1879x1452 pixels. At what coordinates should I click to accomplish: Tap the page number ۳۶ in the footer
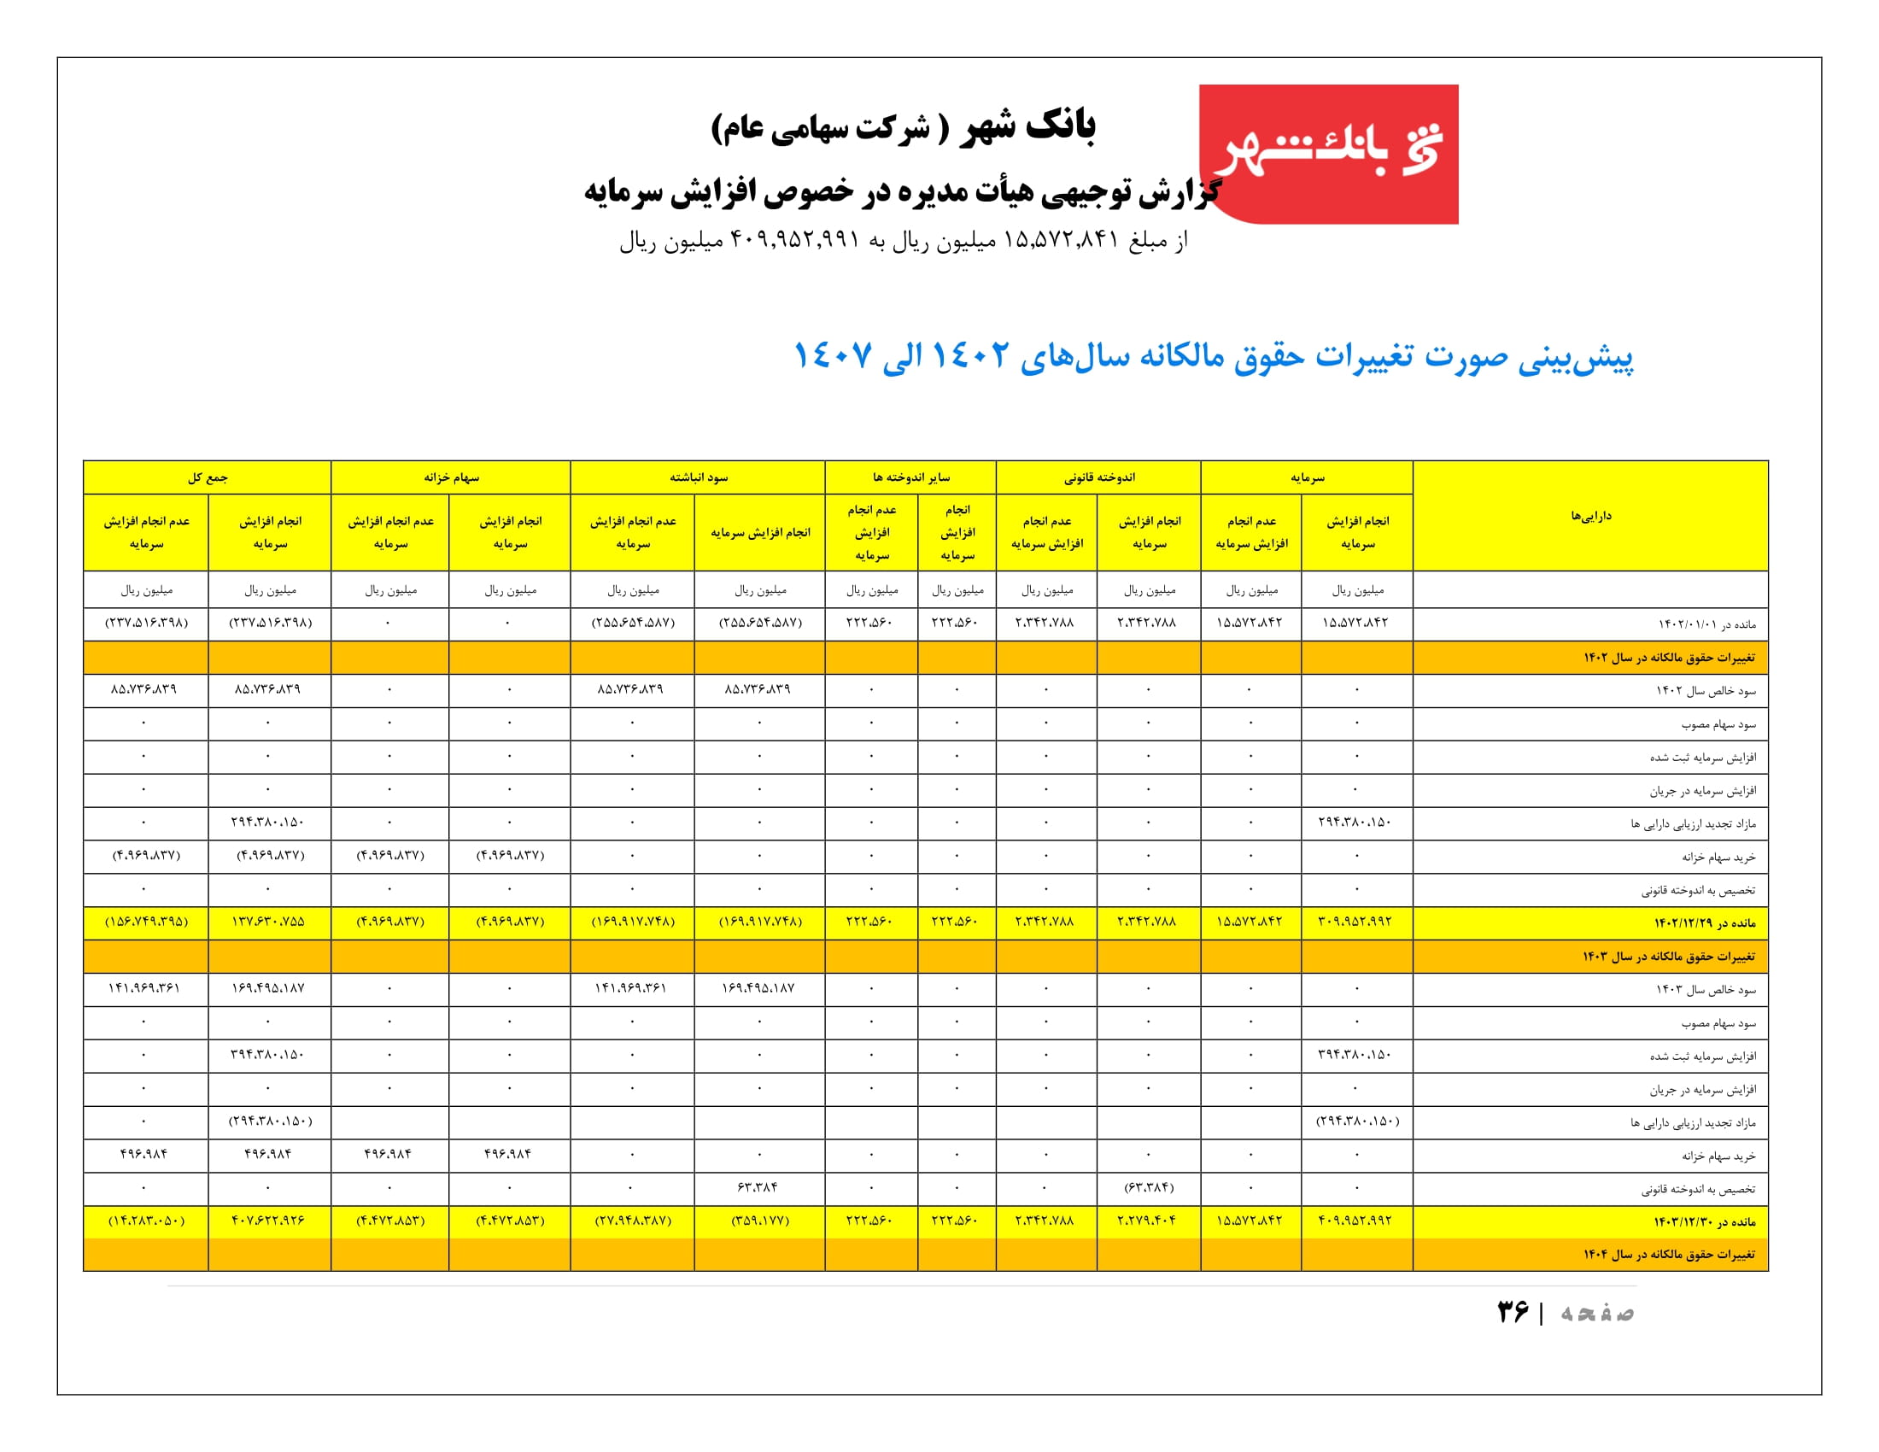click(1513, 1312)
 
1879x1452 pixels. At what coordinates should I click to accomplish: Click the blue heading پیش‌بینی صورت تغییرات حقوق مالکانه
click(1212, 356)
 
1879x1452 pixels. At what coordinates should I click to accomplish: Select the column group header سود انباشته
click(698, 477)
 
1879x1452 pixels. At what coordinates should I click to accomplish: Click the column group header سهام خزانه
click(451, 477)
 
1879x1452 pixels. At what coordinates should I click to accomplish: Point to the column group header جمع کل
click(208, 477)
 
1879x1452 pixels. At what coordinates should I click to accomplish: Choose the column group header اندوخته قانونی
click(1098, 477)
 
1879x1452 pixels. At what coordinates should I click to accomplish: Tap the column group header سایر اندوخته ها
click(910, 477)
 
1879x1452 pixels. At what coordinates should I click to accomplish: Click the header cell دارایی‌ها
click(1590, 516)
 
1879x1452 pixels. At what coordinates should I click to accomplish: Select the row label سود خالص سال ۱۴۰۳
click(1706, 990)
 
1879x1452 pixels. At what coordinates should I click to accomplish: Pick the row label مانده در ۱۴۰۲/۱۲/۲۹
click(1704, 923)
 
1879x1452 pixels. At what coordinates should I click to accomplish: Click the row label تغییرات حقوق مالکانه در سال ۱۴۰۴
click(1668, 1255)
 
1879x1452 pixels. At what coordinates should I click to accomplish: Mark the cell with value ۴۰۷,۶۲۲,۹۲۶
click(268, 1221)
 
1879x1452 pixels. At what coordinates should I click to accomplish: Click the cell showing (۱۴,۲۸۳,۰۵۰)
click(146, 1221)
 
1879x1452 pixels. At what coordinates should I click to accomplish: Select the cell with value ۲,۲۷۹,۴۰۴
click(1148, 1221)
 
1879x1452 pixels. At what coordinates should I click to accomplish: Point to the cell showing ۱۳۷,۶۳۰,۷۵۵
click(268, 922)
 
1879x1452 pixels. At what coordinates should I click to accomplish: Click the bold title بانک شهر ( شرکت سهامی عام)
click(903, 127)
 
